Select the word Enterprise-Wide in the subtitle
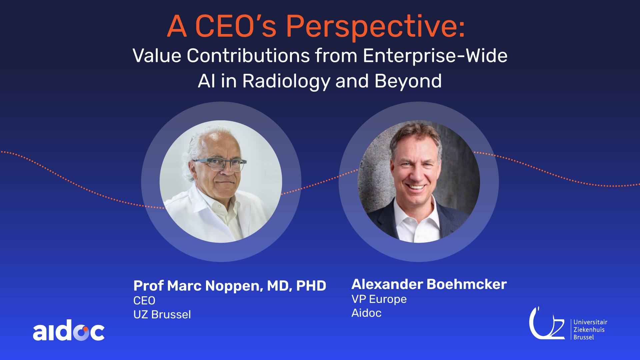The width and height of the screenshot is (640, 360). click(435, 55)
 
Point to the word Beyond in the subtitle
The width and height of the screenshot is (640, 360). click(408, 81)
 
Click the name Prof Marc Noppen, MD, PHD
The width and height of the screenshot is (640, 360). click(230, 286)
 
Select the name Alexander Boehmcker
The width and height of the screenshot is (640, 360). click(429, 284)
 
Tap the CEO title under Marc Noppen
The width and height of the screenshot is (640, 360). click(144, 301)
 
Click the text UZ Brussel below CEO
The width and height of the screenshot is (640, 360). click(162, 314)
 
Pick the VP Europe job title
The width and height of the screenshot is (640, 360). click(379, 299)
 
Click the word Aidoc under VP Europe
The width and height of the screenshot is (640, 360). click(366, 313)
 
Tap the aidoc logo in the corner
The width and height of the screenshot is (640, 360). click(69, 331)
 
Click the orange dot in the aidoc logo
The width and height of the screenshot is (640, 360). click(85, 329)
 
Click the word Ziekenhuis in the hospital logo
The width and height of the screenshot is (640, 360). click(589, 330)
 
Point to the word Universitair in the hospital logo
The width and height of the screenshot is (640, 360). click(590, 322)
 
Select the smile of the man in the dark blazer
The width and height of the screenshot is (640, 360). click(416, 187)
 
